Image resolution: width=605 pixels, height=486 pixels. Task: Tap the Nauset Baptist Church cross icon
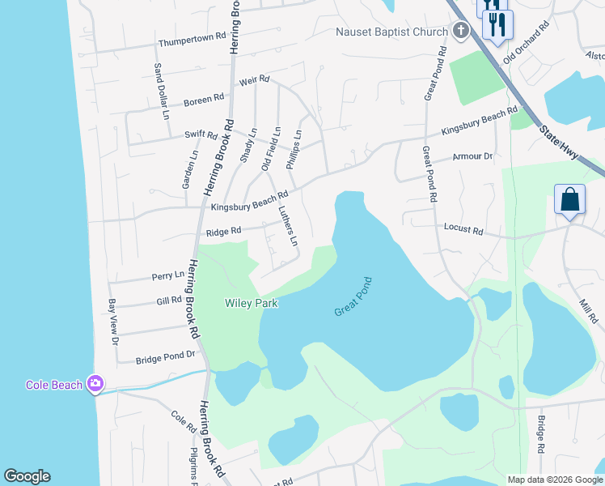pyautogui.click(x=460, y=32)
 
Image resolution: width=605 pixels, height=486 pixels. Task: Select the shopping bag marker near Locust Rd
pyautogui.click(x=569, y=199)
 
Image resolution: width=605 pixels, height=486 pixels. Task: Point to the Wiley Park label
pyautogui.click(x=251, y=303)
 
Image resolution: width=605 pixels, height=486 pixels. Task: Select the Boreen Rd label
pyautogui.click(x=204, y=100)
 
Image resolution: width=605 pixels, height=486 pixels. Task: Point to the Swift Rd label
pyautogui.click(x=201, y=134)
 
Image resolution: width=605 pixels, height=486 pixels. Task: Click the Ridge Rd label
pyautogui.click(x=224, y=232)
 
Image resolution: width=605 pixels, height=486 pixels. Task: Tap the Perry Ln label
pyautogui.click(x=168, y=276)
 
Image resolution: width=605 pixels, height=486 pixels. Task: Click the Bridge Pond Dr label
pyautogui.click(x=166, y=356)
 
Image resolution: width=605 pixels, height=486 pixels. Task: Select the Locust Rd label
pyautogui.click(x=463, y=231)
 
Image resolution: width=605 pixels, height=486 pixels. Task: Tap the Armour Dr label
pyautogui.click(x=472, y=156)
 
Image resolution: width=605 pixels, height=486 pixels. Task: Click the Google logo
pyautogui.click(x=27, y=476)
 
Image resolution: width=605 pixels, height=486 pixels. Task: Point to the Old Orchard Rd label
pyautogui.click(x=527, y=42)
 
